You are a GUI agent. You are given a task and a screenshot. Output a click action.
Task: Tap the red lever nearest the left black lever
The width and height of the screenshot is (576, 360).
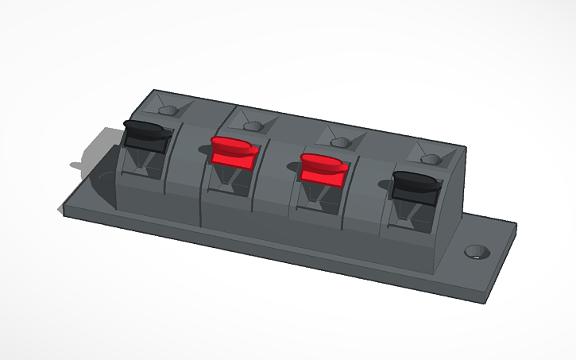pos(234,150)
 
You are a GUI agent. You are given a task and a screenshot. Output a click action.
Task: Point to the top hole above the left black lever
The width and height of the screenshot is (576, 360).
pos(168,110)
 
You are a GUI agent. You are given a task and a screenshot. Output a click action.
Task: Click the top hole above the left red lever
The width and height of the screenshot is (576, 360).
pos(252,126)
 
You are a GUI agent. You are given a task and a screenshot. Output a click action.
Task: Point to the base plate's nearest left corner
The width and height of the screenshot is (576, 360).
pos(64,212)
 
